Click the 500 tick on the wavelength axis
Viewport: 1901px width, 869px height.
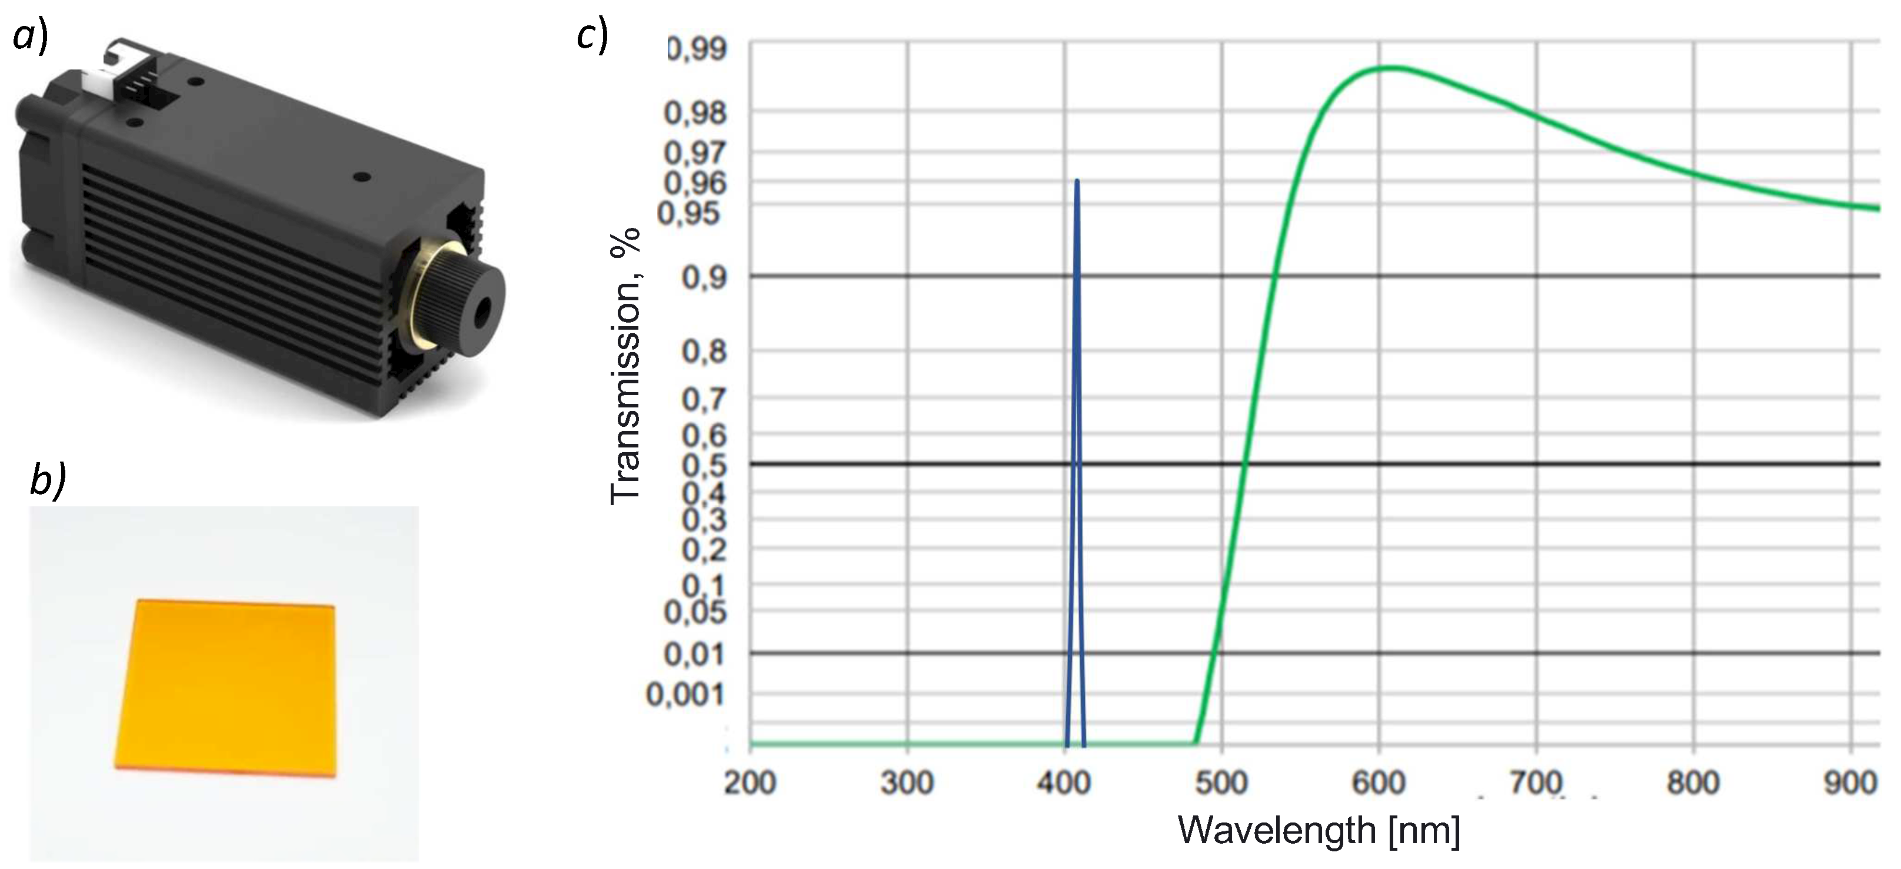(x=1221, y=782)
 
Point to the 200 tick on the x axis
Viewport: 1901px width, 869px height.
(x=750, y=782)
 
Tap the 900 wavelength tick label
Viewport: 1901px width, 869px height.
(x=1849, y=782)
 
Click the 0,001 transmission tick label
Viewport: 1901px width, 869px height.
(x=685, y=695)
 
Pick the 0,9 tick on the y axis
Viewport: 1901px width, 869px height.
(x=704, y=278)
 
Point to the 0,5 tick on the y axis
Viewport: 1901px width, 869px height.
(x=704, y=465)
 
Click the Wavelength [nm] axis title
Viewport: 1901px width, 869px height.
(x=1318, y=831)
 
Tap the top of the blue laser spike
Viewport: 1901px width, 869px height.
(x=1077, y=181)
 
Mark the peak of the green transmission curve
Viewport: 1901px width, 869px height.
(x=1390, y=68)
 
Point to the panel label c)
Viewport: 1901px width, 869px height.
(x=592, y=35)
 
